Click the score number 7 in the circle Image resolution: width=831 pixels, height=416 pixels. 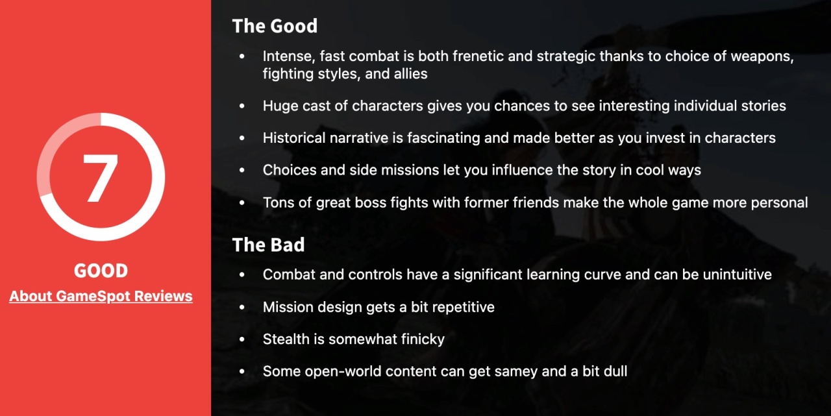pyautogui.click(x=101, y=178)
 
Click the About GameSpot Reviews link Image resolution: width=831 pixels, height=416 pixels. pyautogui.click(x=101, y=296)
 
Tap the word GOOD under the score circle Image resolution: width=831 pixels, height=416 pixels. pyautogui.click(x=101, y=271)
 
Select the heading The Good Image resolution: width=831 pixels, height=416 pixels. pyautogui.click(x=275, y=27)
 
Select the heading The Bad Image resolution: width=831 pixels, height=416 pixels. pyautogui.click(x=268, y=245)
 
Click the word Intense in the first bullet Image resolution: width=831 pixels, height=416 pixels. pyautogui.click(x=289, y=56)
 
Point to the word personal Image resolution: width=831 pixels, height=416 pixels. pyautogui.click(x=780, y=203)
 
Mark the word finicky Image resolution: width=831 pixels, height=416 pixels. pyautogui.click(x=424, y=339)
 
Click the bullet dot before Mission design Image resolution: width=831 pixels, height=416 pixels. pyautogui.click(x=242, y=307)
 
